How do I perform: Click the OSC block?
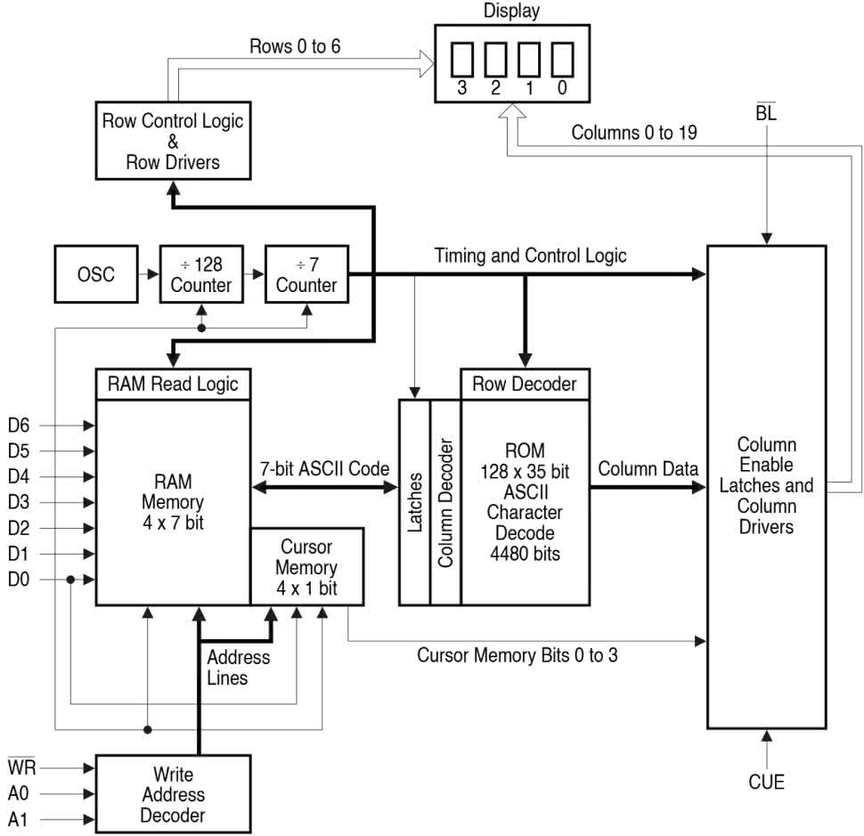coord(96,274)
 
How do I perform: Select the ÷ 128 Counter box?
coord(201,274)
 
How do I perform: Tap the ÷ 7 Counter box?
coord(306,274)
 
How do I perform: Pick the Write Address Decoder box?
coord(178,794)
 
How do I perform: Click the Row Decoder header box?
coord(525,384)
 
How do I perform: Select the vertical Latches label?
coord(414,502)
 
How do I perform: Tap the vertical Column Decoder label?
coord(445,502)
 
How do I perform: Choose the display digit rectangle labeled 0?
coord(561,60)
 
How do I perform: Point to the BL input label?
coord(765,113)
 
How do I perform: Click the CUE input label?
coord(766,782)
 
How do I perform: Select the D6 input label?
coord(18,426)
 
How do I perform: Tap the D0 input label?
coord(18,580)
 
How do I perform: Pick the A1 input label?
coord(19,819)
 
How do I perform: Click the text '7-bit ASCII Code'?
coord(324,467)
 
